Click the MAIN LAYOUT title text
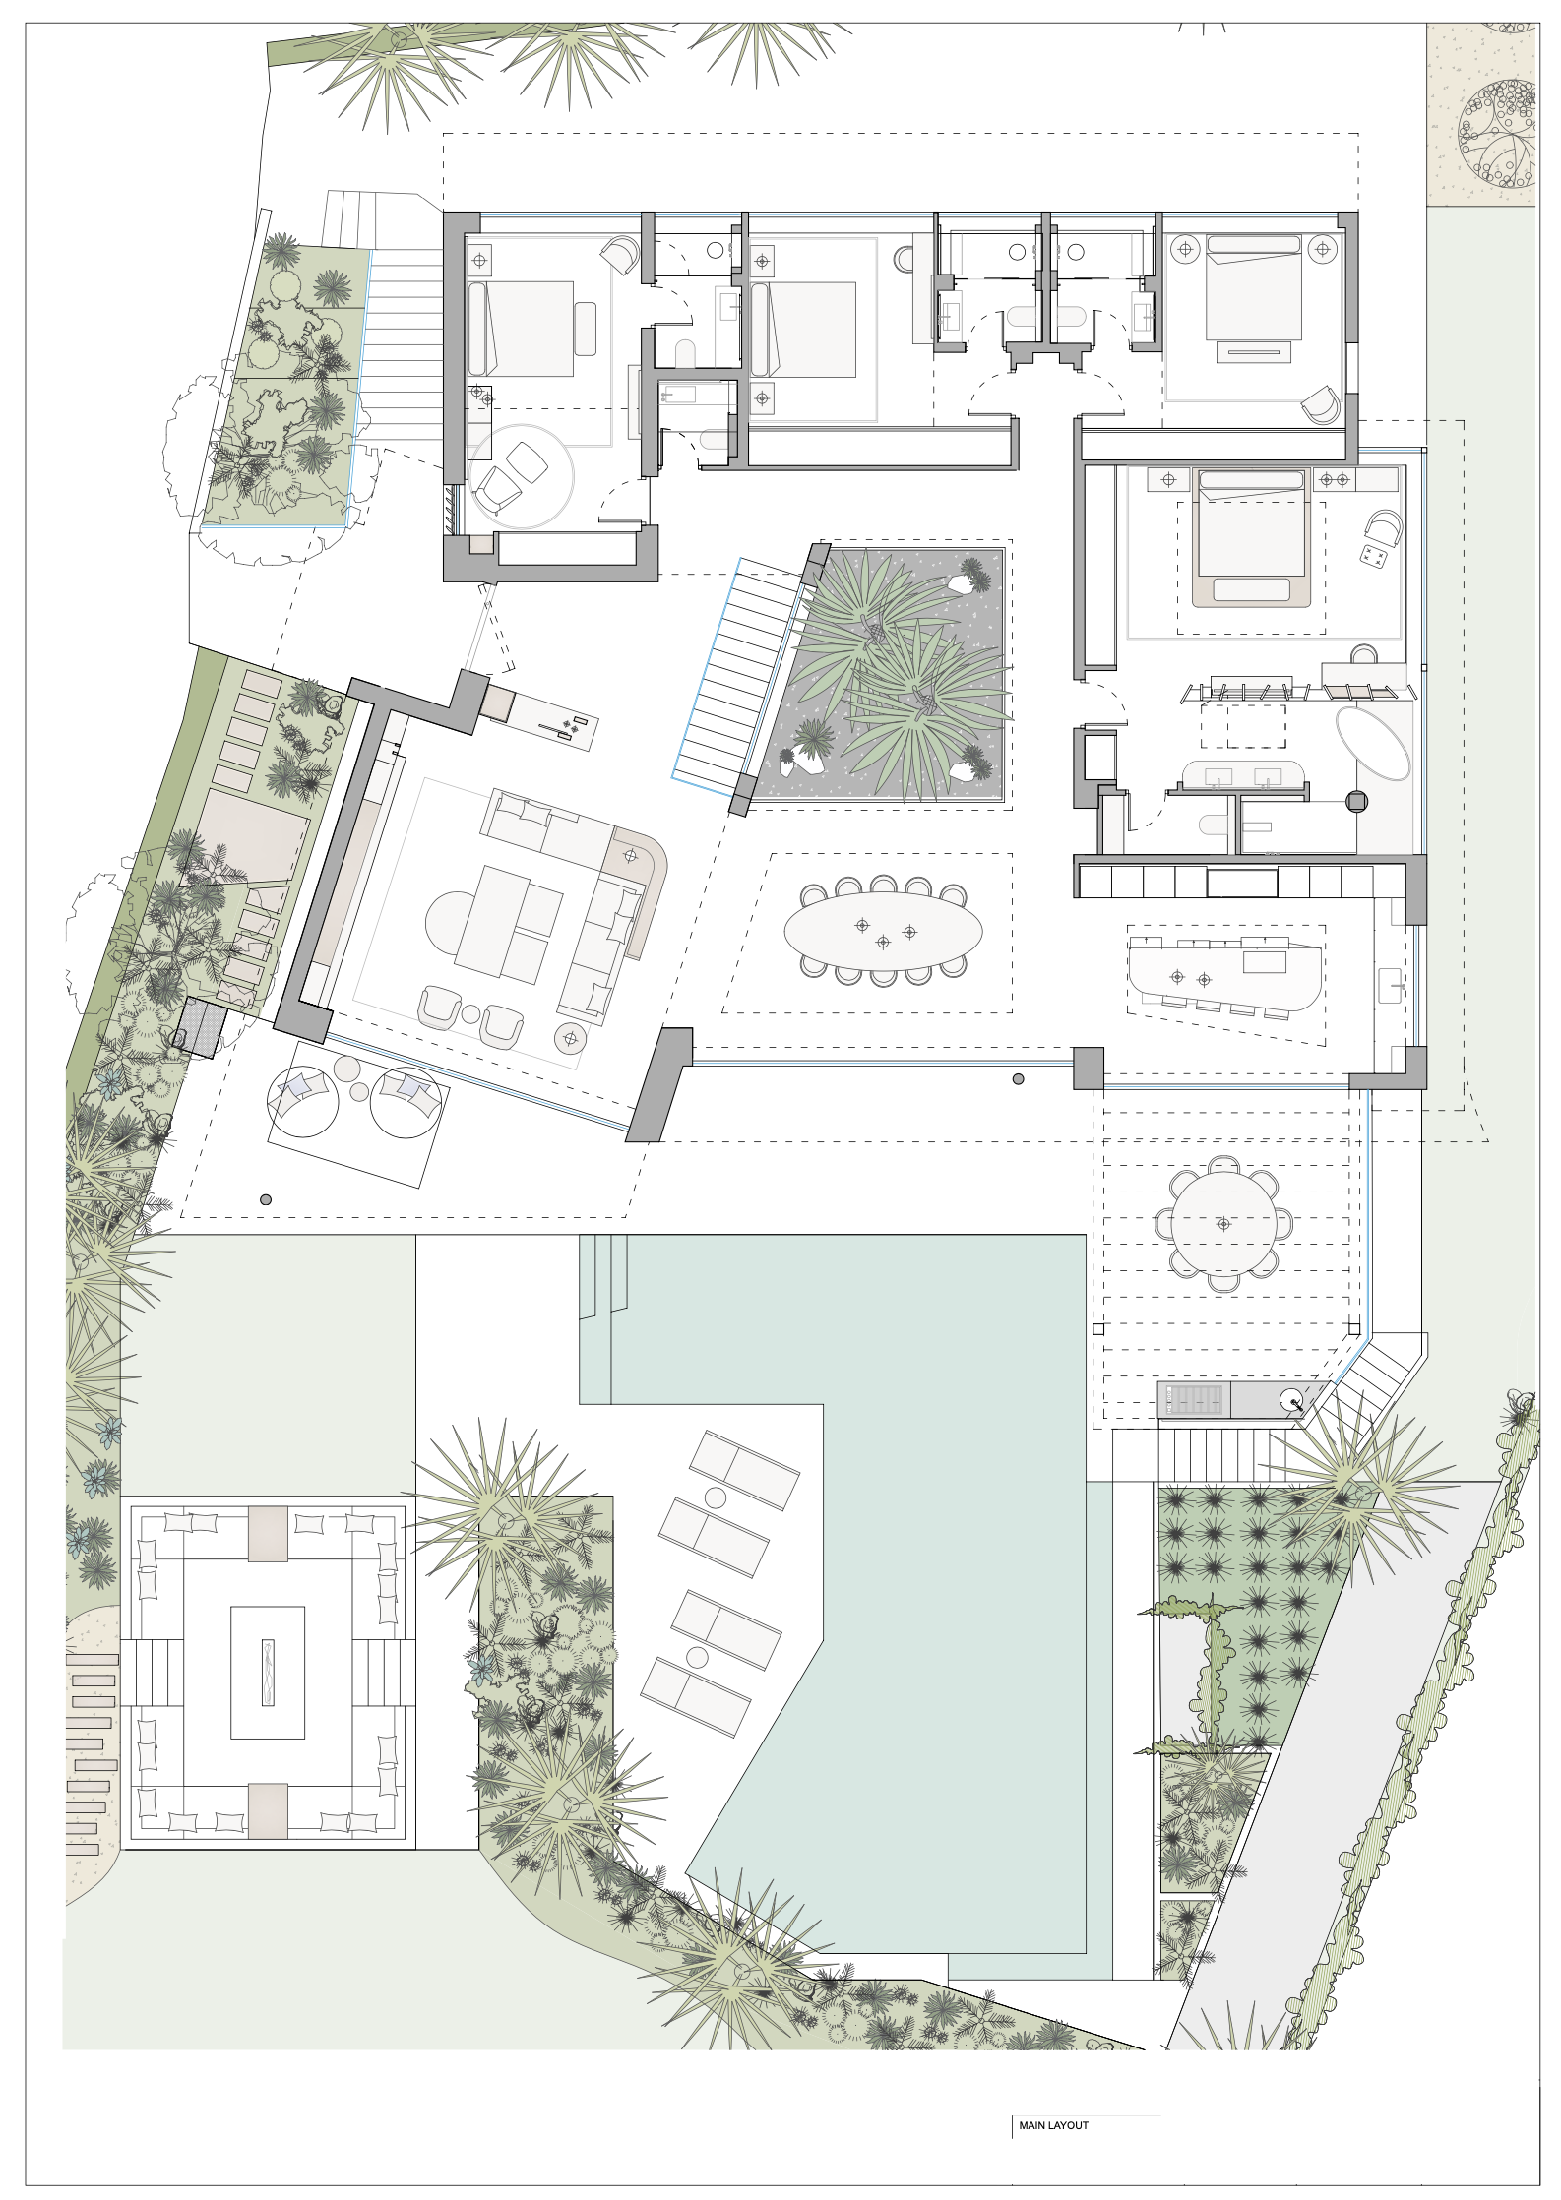coord(1053,2125)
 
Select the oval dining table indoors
coord(883,931)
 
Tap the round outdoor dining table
coord(1223,1223)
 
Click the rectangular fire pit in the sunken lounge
coord(268,1673)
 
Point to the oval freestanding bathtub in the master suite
coord(1372,744)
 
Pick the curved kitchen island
coord(1224,974)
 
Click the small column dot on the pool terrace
coord(266,1199)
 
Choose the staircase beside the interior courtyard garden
coord(740,674)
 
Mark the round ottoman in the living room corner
coord(571,1036)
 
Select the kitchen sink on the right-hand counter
coord(1390,985)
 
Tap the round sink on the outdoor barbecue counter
coord(1291,1398)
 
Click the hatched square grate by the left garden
coord(205,1027)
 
